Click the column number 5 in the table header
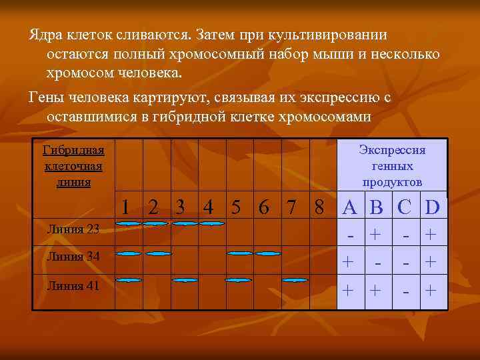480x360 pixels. pyautogui.click(x=237, y=207)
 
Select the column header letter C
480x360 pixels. pyautogui.click(x=404, y=207)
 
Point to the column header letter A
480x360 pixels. pyautogui.click(x=349, y=207)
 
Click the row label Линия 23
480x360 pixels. pyautogui.click(x=74, y=229)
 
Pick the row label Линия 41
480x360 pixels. pyautogui.click(x=74, y=285)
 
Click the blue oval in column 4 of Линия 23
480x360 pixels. pyautogui.click(x=211, y=223)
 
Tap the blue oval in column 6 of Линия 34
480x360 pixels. pyautogui.click(x=268, y=253)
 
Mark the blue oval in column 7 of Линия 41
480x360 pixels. pyautogui.click(x=294, y=280)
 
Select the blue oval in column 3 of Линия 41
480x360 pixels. pyautogui.click(x=185, y=280)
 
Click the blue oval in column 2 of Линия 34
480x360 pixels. pyautogui.click(x=159, y=253)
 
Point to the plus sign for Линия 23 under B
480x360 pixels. pyautogui.click(x=376, y=235)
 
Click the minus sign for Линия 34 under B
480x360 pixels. pyautogui.click(x=377, y=263)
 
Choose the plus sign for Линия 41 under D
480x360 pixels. pyautogui.click(x=431, y=290)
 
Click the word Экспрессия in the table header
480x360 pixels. pyautogui.click(x=392, y=150)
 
